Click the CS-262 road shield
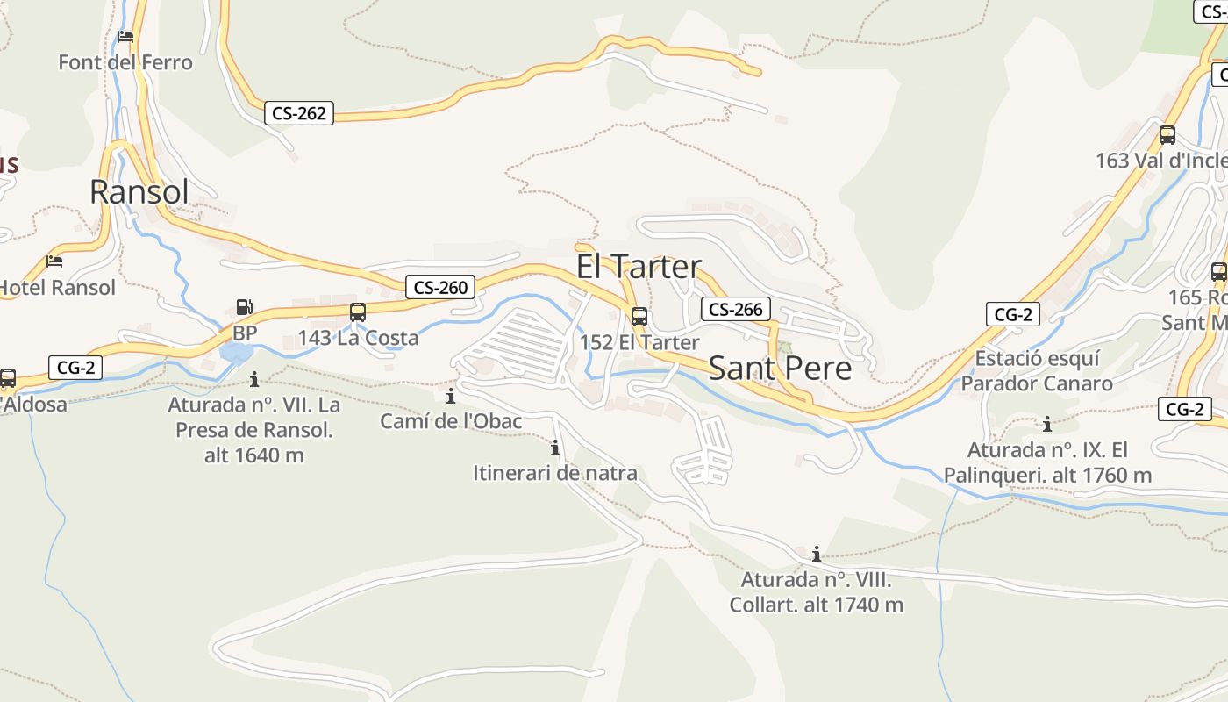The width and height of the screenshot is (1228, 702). [299, 112]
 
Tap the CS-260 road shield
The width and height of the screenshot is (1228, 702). [440, 287]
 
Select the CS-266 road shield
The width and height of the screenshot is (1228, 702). [735, 309]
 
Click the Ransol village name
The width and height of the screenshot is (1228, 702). [139, 191]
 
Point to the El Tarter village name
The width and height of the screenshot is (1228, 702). [639, 266]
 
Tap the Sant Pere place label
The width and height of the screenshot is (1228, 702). [780, 368]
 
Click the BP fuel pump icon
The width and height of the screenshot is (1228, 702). [245, 307]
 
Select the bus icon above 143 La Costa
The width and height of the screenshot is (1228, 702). [358, 312]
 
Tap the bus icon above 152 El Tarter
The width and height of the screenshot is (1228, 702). [639, 317]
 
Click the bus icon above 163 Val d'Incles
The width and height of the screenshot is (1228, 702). [1167, 135]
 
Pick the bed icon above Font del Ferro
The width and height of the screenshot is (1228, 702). [125, 37]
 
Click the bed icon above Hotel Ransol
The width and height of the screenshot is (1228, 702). [54, 261]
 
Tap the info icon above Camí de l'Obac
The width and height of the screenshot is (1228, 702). [451, 396]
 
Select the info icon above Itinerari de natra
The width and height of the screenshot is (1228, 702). [554, 448]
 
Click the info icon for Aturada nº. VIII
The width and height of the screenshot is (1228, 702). [817, 554]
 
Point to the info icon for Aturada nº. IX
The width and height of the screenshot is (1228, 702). [1046, 425]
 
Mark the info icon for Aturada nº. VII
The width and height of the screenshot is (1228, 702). [254, 379]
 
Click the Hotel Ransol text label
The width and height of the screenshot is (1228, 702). [56, 287]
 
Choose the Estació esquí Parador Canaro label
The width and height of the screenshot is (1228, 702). [1037, 371]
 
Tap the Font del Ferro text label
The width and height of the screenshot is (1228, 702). [125, 62]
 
